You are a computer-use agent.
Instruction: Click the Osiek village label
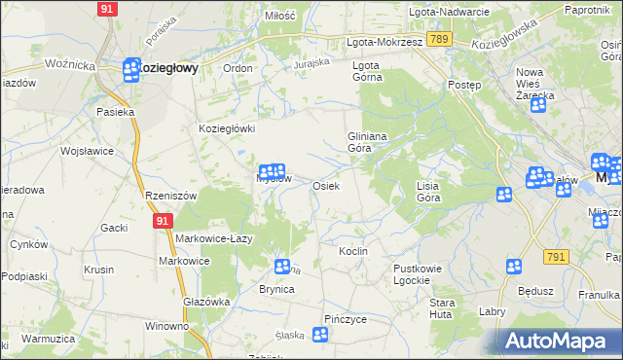(325, 186)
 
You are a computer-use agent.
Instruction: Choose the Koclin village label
(352, 251)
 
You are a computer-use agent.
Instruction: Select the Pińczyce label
(346, 318)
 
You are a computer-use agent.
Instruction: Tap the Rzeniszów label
(170, 196)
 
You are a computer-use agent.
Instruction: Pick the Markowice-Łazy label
(215, 238)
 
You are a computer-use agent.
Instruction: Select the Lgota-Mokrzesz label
(385, 43)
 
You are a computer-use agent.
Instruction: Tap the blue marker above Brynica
(282, 266)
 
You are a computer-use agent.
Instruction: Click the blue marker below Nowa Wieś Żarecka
(538, 104)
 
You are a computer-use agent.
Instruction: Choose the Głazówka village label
(206, 302)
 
